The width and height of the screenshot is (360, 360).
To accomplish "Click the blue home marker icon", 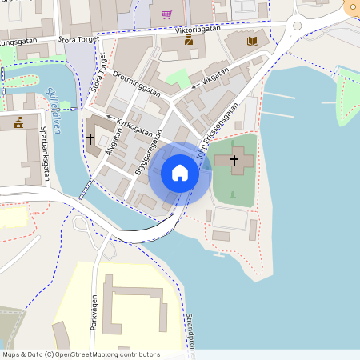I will pos(180,173).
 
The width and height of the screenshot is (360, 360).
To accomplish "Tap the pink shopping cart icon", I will pos(166,14).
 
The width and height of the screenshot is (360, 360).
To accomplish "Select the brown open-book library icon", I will pos(253,41).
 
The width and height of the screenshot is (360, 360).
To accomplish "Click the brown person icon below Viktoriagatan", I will pos(189,41).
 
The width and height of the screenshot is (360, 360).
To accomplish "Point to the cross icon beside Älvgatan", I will pos(90,139).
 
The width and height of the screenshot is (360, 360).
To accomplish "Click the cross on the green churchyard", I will pos(234,160).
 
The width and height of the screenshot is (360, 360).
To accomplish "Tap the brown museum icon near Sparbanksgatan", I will pos(18,122).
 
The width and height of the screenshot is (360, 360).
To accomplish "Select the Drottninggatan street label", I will pos(137,82).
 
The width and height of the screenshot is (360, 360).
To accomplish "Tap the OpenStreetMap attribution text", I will pos(81,354).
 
